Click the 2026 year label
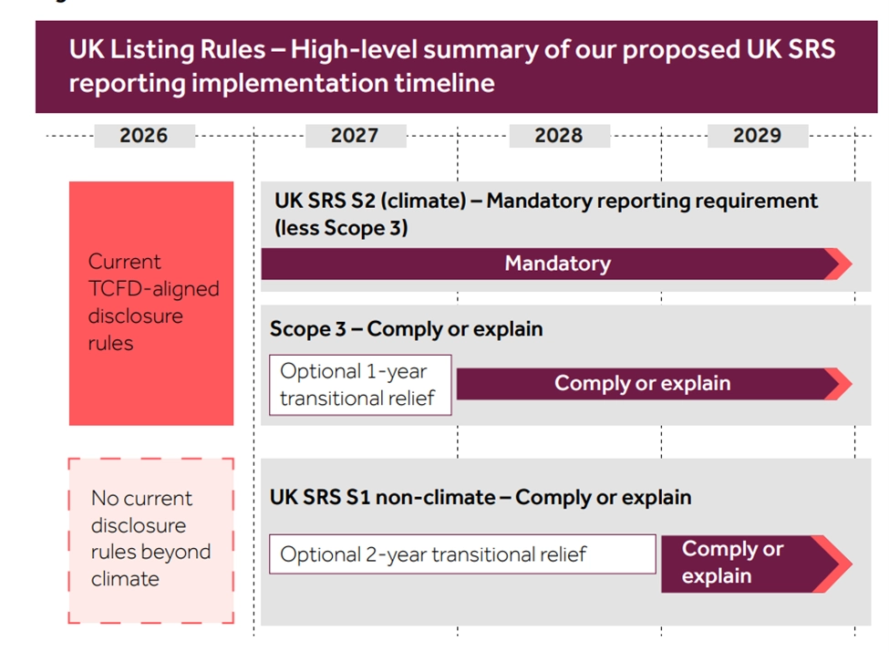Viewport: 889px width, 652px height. coord(144,136)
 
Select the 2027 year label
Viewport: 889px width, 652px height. coord(356,136)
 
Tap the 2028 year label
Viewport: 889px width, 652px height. coord(559,136)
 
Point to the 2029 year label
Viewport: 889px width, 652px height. coord(758,136)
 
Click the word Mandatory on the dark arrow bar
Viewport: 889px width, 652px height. coord(558,264)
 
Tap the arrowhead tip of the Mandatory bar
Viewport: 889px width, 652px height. coord(852,264)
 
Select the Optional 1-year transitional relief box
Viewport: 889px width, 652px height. coord(360,385)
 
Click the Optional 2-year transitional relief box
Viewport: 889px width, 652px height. coord(462,554)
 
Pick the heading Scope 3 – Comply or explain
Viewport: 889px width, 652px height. coord(406,329)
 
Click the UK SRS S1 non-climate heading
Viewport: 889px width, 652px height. coord(481,497)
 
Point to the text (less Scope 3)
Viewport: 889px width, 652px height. coord(341,228)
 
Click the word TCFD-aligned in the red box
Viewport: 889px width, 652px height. coord(154,289)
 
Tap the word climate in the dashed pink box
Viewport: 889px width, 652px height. coord(125,579)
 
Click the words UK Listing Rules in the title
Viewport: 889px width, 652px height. coord(167,49)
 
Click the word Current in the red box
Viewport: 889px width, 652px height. coord(125,262)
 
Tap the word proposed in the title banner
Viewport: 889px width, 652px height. coord(680,50)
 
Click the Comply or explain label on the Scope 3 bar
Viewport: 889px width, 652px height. coord(643,384)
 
